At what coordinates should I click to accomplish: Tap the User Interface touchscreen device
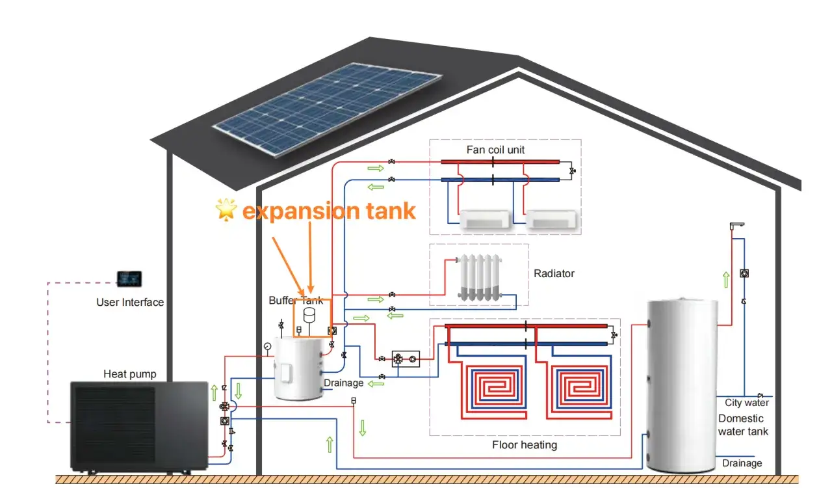[x=129, y=278]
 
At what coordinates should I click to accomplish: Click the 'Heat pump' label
[x=129, y=374]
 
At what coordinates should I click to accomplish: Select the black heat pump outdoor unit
[x=139, y=427]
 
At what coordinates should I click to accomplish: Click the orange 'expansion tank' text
[x=329, y=211]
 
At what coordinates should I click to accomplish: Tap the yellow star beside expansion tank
[x=226, y=210]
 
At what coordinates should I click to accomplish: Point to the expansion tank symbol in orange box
[x=309, y=316]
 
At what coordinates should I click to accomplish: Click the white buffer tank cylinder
[x=298, y=368]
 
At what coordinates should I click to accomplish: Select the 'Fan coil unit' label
[x=495, y=150]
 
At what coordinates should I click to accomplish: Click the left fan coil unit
[x=486, y=219]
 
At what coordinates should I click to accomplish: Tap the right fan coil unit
[x=551, y=219]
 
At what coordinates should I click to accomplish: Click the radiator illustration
[x=480, y=277]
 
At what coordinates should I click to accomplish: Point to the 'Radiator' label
[x=554, y=274]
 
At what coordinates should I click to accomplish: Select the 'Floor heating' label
[x=525, y=445]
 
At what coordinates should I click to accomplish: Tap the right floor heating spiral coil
[x=578, y=388]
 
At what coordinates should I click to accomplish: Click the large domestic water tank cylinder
[x=682, y=385]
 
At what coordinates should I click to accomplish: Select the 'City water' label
[x=747, y=403]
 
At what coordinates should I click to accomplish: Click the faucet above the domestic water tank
[x=736, y=226]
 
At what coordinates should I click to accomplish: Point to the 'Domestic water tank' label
[x=743, y=425]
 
